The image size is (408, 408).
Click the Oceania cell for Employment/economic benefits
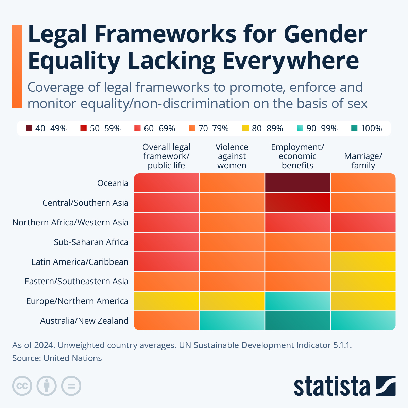click(297, 183)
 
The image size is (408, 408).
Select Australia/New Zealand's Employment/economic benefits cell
click(297, 321)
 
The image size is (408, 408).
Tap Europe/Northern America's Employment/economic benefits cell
click(297, 301)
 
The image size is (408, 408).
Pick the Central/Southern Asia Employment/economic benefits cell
click(297, 203)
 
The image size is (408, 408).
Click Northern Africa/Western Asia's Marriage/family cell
click(363, 222)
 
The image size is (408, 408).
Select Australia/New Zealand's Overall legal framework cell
click(167, 321)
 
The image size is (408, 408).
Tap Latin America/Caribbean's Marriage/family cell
click(363, 262)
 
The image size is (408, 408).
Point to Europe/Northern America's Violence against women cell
click(232, 301)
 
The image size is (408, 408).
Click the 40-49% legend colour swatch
click(29, 129)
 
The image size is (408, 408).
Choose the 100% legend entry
click(367, 129)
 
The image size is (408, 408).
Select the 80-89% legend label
click(267, 129)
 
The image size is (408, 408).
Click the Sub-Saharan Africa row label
click(91, 242)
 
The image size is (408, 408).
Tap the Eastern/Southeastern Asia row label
click(76, 282)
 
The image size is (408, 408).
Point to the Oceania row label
click(113, 183)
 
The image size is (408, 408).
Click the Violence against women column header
click(232, 156)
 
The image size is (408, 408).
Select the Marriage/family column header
click(363, 161)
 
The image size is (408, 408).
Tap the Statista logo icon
click(386, 386)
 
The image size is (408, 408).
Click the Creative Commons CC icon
click(22, 386)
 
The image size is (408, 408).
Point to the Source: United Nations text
click(57, 358)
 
